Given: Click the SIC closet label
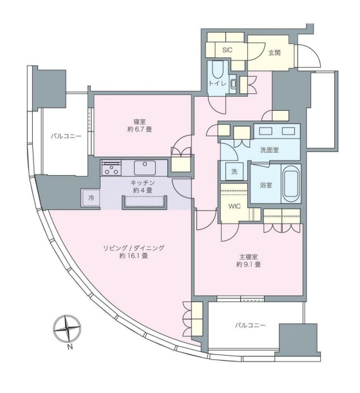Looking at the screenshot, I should [227, 49].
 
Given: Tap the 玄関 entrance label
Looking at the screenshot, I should [273, 52].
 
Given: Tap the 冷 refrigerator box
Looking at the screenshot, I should [91, 198].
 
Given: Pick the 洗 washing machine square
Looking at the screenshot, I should [234, 172].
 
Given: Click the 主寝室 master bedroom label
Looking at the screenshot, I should [248, 255].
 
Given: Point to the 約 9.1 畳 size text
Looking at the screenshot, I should [248, 264].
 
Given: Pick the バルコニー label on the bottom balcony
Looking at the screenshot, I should [249, 326].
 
